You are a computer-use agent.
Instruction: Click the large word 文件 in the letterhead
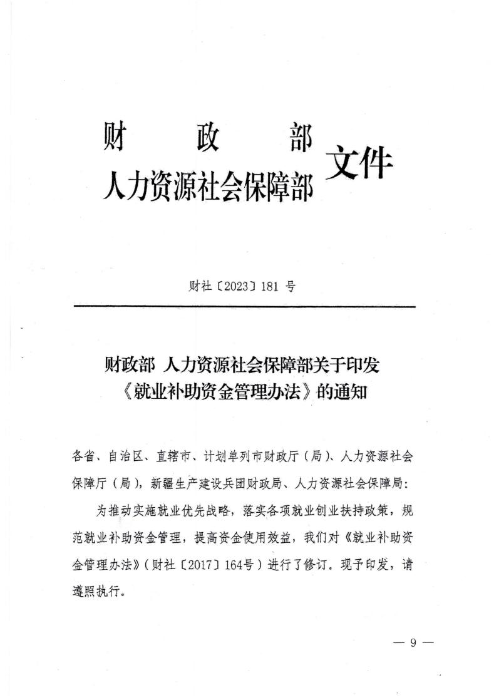tap(359, 164)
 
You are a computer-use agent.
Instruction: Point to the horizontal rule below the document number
tap(245, 306)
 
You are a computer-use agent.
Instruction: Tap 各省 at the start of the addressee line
tap(83, 457)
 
